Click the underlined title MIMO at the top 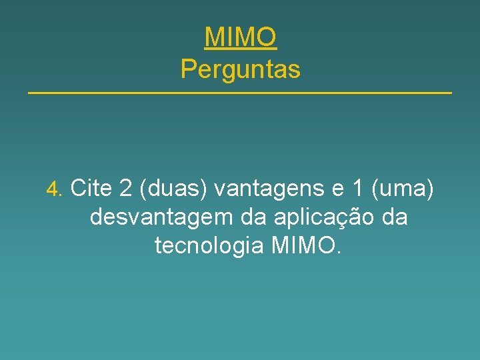tap(240, 37)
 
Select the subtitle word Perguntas tap(240, 69)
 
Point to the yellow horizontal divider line tap(240, 92)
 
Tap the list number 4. tap(53, 190)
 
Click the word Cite tap(91, 189)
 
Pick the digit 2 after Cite tap(125, 189)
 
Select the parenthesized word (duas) tap(173, 189)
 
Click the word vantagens tap(271, 189)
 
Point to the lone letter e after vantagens tap(338, 190)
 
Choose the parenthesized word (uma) tap(403, 189)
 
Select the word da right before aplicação tap(245, 217)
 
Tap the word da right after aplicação tap(393, 217)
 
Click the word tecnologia tap(210, 246)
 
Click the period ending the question tap(339, 253)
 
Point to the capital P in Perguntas tap(187, 69)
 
